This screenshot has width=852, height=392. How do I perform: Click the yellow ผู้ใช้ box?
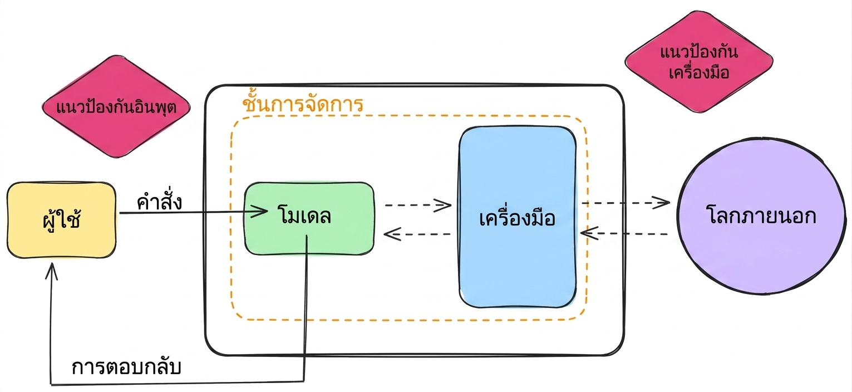click(x=62, y=220)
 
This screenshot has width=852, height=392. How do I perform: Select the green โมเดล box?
click(x=309, y=218)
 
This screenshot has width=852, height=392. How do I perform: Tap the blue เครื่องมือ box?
click(x=518, y=217)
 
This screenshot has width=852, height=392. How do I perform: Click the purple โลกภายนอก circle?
click(x=762, y=216)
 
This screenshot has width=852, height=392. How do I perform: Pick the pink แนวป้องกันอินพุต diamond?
click(x=116, y=106)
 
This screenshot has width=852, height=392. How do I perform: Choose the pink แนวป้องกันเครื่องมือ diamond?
click(x=699, y=62)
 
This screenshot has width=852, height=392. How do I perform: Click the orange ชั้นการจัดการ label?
click(x=303, y=103)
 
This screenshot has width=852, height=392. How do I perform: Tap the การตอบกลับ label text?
click(x=126, y=366)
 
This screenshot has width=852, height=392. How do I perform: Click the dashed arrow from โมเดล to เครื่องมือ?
click(x=418, y=205)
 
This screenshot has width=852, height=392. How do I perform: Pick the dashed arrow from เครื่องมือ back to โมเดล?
click(x=417, y=234)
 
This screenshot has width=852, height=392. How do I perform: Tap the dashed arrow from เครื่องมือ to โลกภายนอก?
click(x=626, y=203)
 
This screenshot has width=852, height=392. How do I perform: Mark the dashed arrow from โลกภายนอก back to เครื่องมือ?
click(x=624, y=233)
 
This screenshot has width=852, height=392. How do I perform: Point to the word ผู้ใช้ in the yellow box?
click(x=62, y=219)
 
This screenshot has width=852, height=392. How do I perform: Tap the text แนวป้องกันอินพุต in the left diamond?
click(x=116, y=107)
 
